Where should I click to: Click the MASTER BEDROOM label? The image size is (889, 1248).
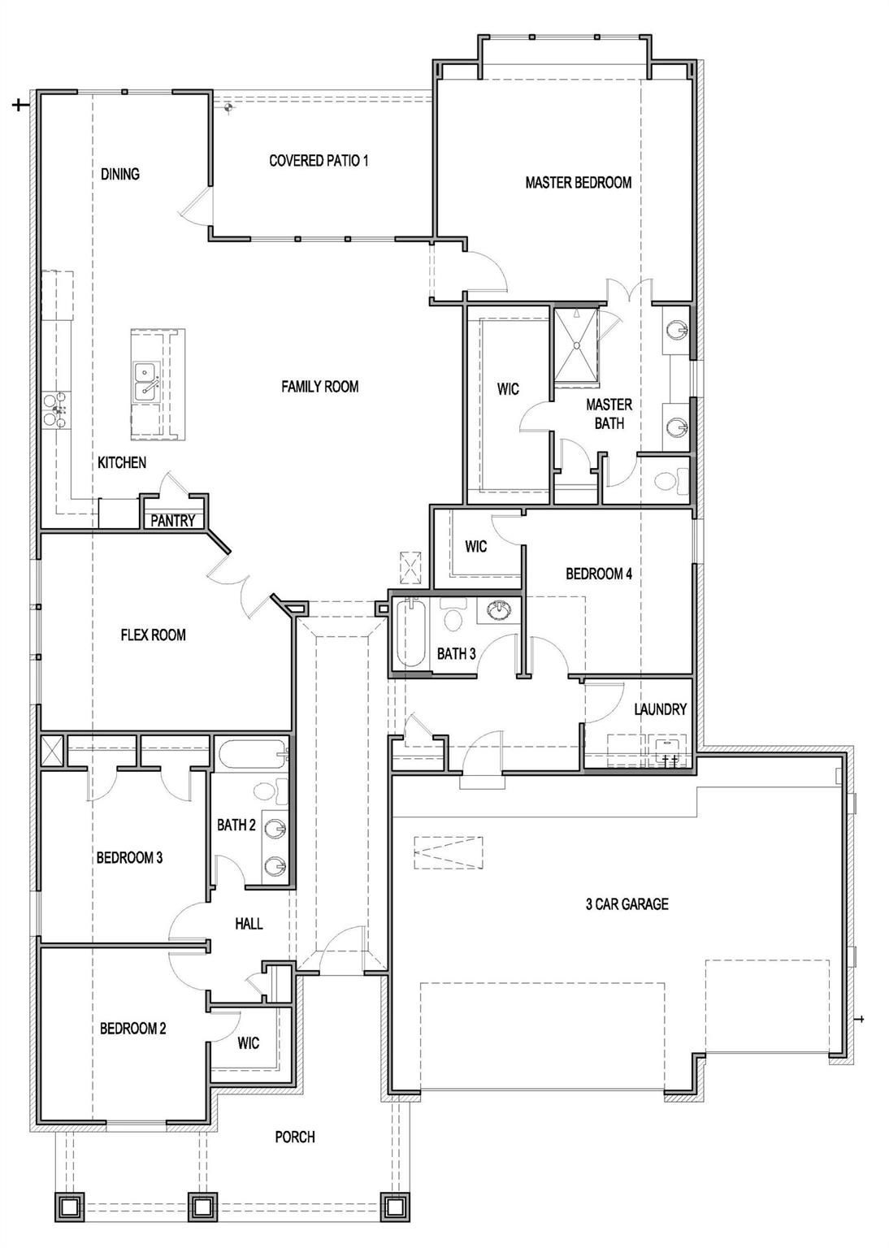point(578,183)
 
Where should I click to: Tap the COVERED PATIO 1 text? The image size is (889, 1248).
point(319,161)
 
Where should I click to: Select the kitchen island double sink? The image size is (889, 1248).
point(146,381)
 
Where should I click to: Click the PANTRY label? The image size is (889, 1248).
point(172,521)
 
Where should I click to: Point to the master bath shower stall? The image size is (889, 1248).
point(576,343)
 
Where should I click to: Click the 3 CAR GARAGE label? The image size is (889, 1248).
point(627,903)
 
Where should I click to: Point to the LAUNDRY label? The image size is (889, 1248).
point(660,709)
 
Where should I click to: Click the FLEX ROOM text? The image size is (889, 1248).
point(153,635)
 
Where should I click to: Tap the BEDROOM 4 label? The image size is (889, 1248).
point(598,574)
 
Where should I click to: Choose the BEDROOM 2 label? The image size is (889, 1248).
point(132,1029)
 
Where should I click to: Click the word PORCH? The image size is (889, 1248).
point(294,1137)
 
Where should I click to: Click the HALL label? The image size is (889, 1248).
point(249,924)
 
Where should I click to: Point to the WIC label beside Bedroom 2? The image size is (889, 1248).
point(249,1042)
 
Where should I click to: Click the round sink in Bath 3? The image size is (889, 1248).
point(497,610)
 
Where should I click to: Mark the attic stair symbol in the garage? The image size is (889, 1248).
point(448,852)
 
